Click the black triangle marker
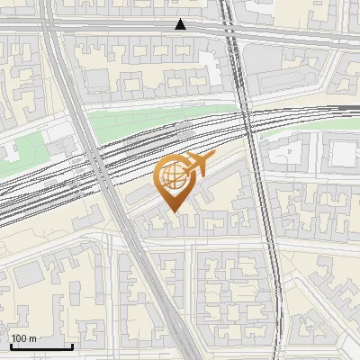(x=181, y=24)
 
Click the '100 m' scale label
(x=24, y=337)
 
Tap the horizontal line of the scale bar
(x=40, y=346)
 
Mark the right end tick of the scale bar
(x=72, y=344)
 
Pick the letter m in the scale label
(x=34, y=337)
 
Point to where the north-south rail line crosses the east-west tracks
(x=247, y=126)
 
